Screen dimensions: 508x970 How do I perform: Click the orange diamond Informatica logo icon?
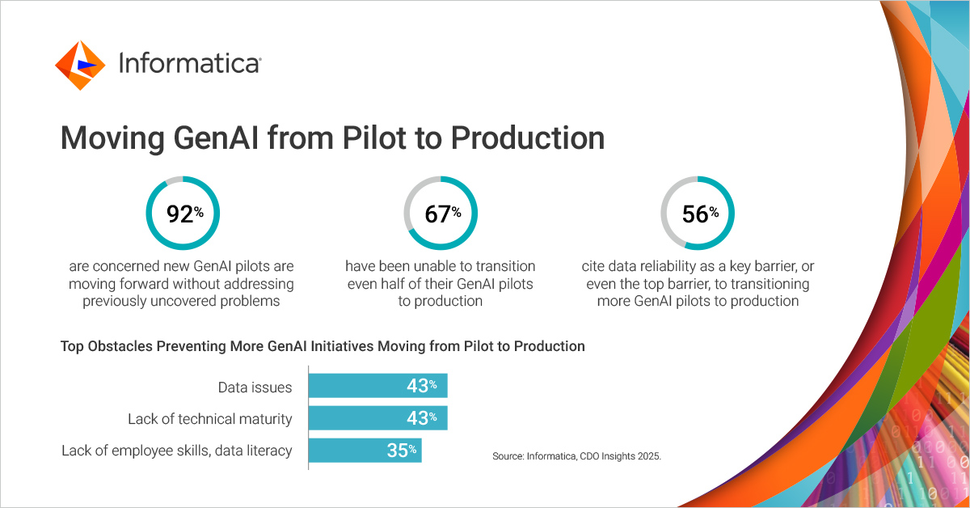click(80, 65)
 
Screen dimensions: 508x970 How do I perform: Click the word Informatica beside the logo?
click(189, 64)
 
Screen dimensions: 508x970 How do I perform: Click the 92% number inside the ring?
click(183, 214)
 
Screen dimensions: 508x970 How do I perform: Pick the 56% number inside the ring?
click(698, 214)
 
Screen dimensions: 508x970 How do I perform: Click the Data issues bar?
click(377, 386)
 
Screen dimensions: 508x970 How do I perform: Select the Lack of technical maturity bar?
click(377, 418)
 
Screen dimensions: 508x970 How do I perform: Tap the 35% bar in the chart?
click(365, 451)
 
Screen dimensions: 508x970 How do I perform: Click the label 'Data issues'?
click(255, 387)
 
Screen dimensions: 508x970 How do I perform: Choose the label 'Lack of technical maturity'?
click(210, 419)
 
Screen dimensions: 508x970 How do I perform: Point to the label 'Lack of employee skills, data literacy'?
click(176, 451)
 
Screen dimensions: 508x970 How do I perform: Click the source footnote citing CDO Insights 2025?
click(576, 456)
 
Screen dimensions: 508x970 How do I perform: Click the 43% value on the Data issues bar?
click(421, 386)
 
